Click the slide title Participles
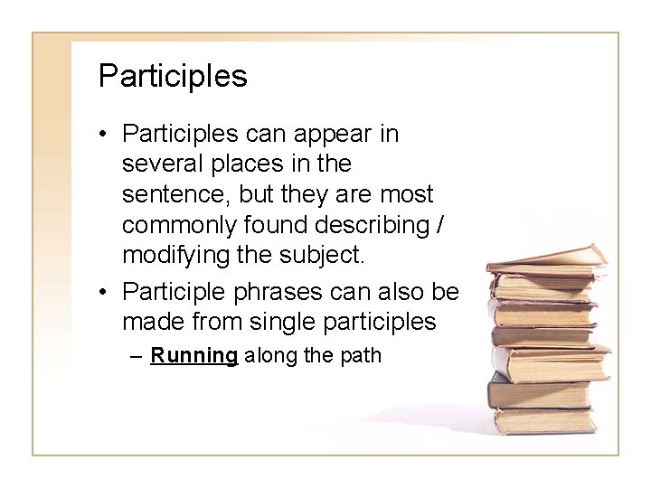click(x=172, y=76)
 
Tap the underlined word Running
click(x=193, y=355)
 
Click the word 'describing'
click(x=381, y=224)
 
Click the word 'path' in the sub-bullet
click(x=363, y=355)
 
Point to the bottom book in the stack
click(x=542, y=419)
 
